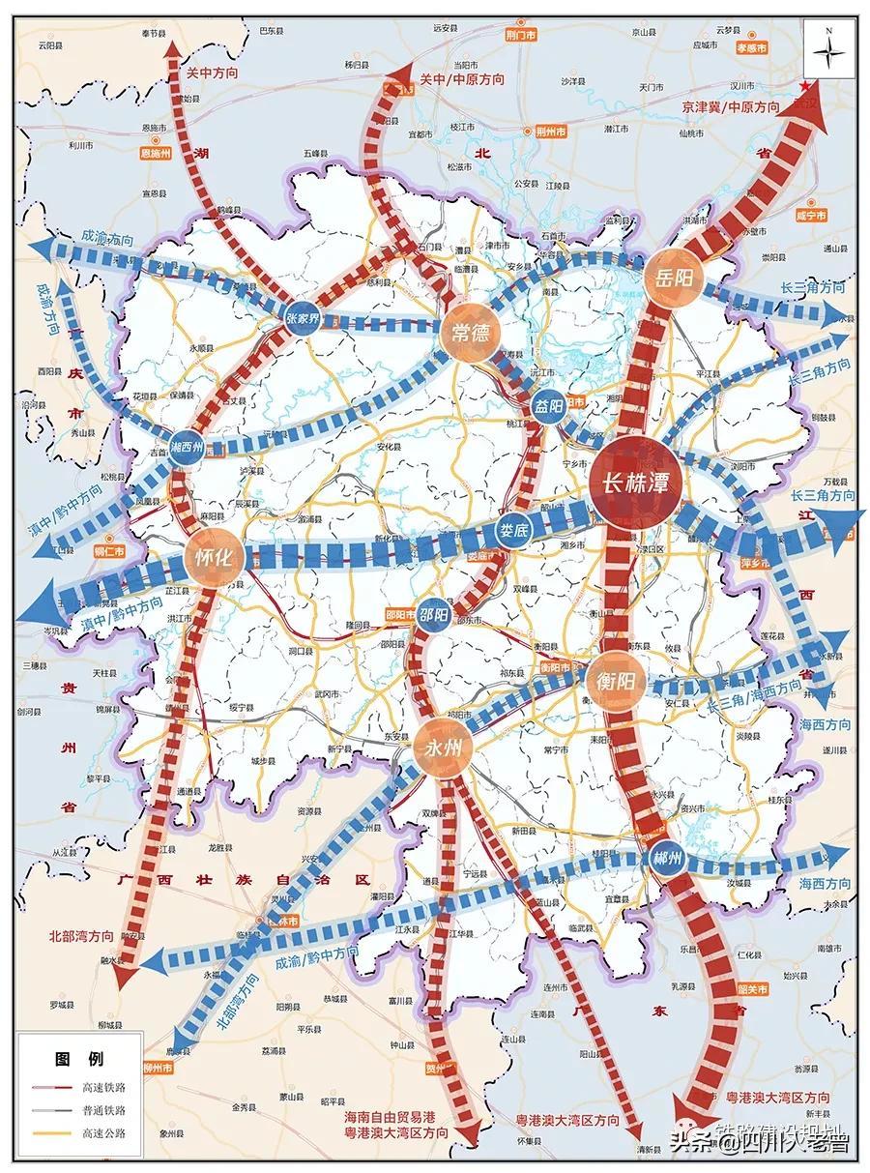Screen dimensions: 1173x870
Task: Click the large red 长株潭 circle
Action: (x=635, y=481)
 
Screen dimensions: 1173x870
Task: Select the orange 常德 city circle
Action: (x=471, y=335)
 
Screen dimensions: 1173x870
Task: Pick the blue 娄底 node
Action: (x=513, y=530)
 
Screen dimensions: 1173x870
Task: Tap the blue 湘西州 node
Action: (x=186, y=448)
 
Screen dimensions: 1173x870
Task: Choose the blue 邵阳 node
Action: (x=435, y=616)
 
